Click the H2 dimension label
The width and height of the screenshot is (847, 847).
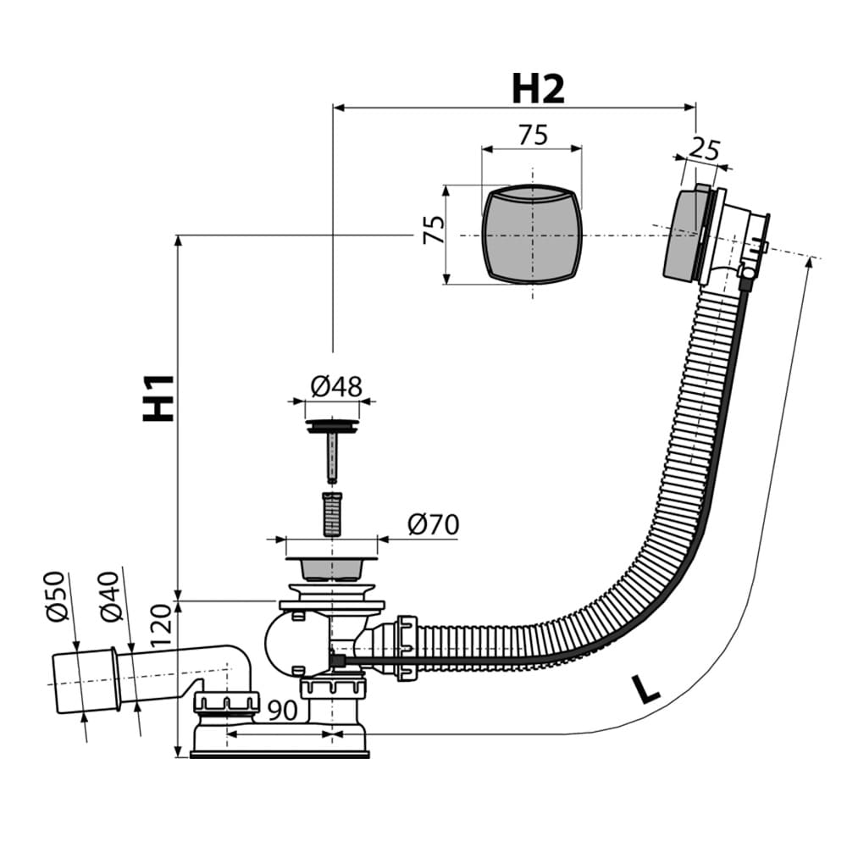(x=538, y=89)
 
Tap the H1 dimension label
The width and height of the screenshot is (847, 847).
(x=158, y=397)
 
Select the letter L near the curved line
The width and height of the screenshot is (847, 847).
(x=646, y=689)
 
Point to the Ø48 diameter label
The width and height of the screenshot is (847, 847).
(x=336, y=387)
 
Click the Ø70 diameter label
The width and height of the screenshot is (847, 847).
(x=433, y=524)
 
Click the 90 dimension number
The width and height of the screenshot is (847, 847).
(x=283, y=711)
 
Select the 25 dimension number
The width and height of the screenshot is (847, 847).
(x=705, y=150)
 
